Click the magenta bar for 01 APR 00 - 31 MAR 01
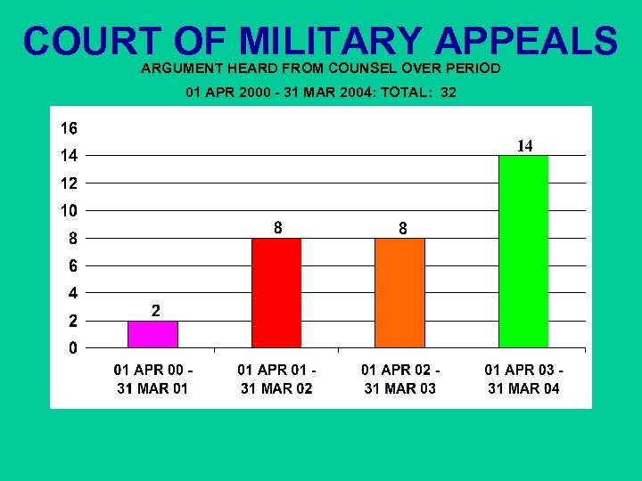point(153,334)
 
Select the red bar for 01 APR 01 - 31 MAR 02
point(276,292)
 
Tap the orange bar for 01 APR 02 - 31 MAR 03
point(400,292)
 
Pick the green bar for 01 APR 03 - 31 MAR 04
point(523,251)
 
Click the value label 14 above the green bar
point(525,145)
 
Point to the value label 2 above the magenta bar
point(155,311)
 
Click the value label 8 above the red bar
point(278,228)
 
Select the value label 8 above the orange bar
point(402,229)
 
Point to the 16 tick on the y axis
point(69,128)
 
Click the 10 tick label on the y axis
point(69,211)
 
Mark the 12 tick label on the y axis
point(69,183)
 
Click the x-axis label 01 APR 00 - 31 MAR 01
point(153,379)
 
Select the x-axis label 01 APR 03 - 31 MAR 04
point(523,379)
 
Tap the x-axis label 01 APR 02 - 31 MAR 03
point(400,379)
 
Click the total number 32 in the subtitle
point(448,92)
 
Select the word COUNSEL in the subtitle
point(362,68)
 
